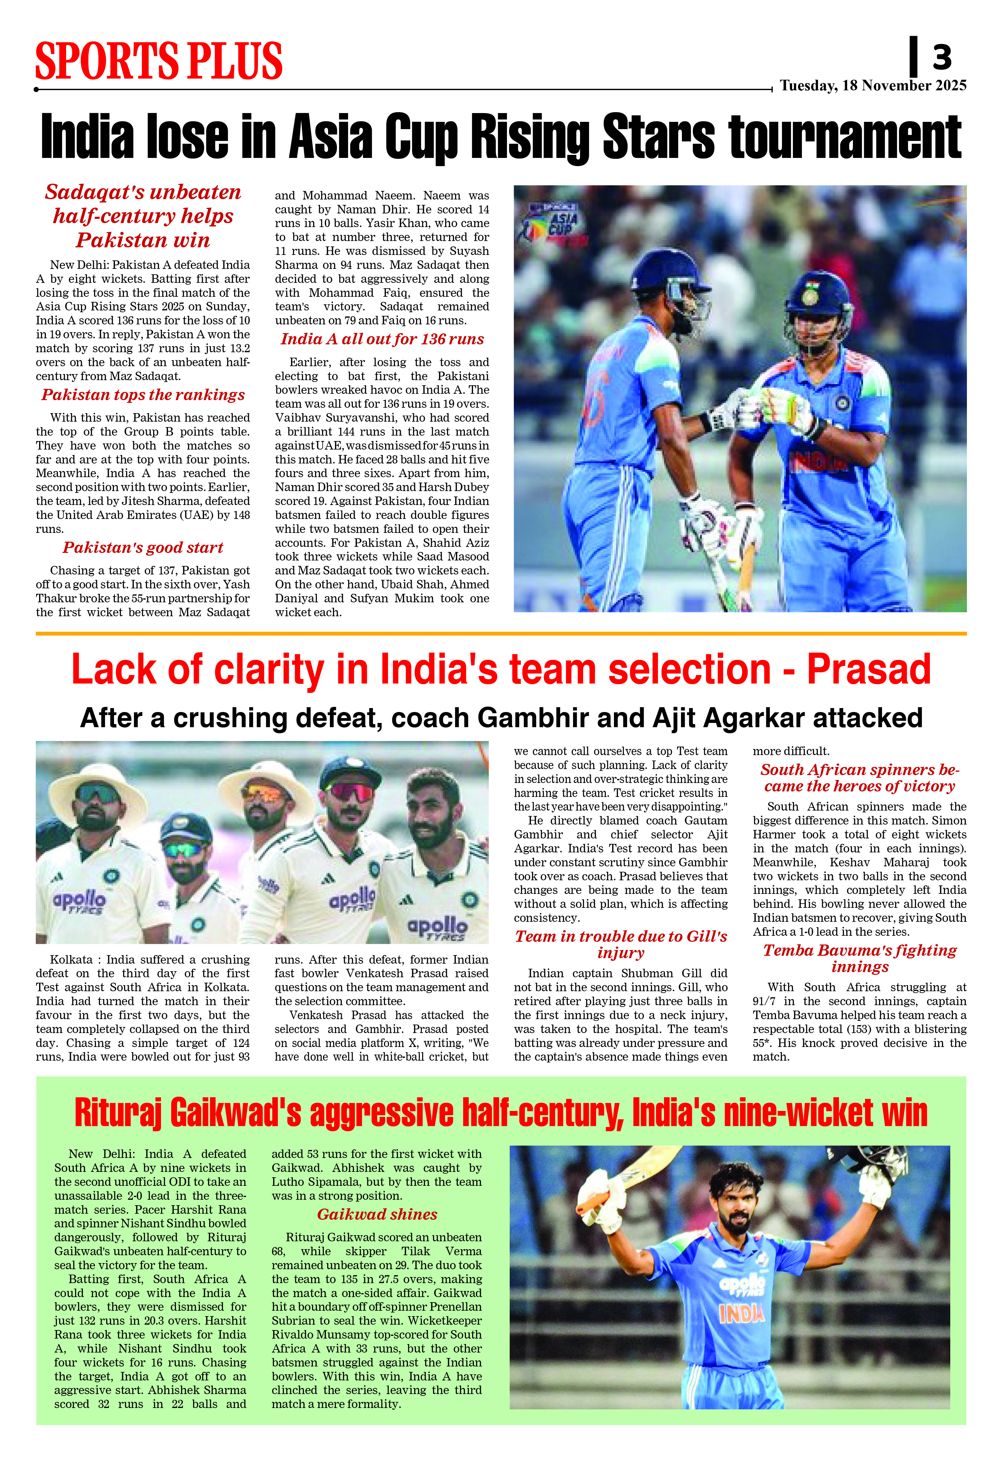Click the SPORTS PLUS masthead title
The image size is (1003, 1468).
pos(159,61)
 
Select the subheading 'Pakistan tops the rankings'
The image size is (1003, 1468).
pos(143,395)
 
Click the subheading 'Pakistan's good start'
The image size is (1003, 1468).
pos(143,548)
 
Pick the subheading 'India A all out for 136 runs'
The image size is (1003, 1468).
pos(382,339)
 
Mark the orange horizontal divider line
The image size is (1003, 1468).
pos(501,634)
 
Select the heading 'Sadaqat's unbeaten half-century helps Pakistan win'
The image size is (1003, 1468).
pos(143,216)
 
